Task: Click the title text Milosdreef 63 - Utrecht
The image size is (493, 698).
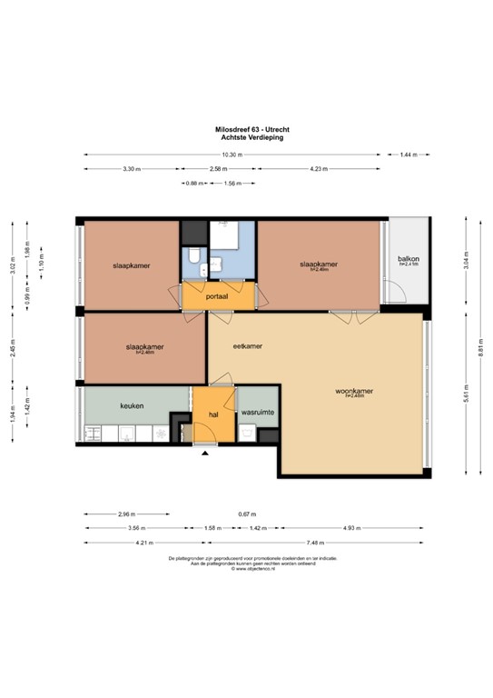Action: (245, 130)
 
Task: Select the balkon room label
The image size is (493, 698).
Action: (409, 260)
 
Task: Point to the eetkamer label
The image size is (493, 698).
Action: (248, 346)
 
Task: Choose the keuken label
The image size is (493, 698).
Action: (133, 406)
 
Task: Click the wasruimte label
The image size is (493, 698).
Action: (258, 413)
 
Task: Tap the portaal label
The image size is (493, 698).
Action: (217, 296)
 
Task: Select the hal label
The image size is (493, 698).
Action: (215, 414)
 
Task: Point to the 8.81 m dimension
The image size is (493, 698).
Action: (480, 346)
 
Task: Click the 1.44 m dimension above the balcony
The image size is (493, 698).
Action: (409, 155)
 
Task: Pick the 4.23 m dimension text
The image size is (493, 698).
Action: (319, 169)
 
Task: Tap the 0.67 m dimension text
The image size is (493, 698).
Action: (247, 514)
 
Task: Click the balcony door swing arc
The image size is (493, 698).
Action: (393, 291)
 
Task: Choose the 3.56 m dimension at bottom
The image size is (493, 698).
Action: (136, 528)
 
